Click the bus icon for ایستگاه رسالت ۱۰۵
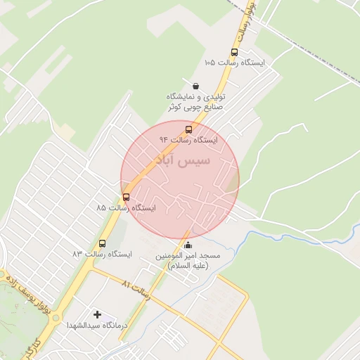click(x=234, y=51)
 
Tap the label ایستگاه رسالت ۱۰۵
click(x=234, y=63)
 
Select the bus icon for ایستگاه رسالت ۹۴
click(x=188, y=129)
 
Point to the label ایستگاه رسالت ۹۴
click(x=188, y=141)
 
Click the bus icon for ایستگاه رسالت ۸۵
click(x=127, y=197)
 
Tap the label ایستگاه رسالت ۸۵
click(x=127, y=208)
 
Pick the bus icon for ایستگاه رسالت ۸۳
click(x=103, y=243)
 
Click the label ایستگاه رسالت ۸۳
click(x=103, y=253)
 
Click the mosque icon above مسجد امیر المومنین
click(x=188, y=245)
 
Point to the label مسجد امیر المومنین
click(x=188, y=257)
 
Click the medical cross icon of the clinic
click(x=97, y=314)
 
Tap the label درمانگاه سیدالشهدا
click(x=97, y=326)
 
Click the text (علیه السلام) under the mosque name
click(x=188, y=266)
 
